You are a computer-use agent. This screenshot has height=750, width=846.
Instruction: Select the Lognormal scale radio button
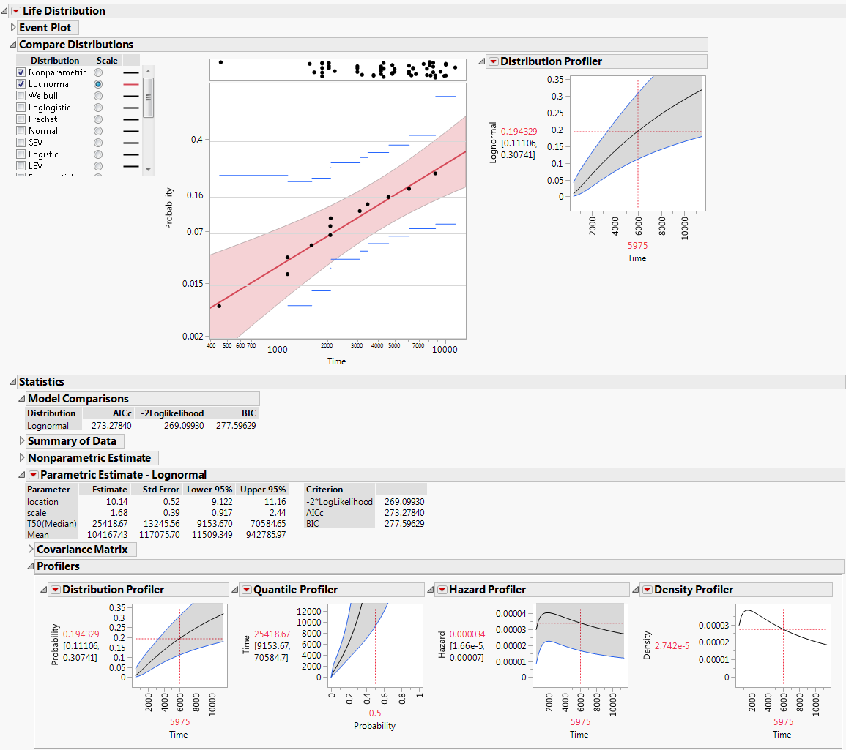coord(98,84)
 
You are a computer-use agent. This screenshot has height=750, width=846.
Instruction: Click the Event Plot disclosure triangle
coord(13,28)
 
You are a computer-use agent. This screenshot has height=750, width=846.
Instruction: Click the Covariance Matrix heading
coord(81,550)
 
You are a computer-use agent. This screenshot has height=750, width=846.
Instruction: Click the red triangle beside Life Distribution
coord(15,11)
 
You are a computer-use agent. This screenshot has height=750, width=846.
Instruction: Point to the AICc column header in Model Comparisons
coord(121,413)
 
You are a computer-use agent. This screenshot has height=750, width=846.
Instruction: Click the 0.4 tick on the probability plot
coord(197,140)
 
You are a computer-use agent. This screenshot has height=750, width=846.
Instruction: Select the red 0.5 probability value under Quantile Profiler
coord(374,713)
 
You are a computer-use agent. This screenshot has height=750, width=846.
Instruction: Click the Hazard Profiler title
coord(487,590)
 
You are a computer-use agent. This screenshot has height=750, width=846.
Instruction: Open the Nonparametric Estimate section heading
coord(89,458)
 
